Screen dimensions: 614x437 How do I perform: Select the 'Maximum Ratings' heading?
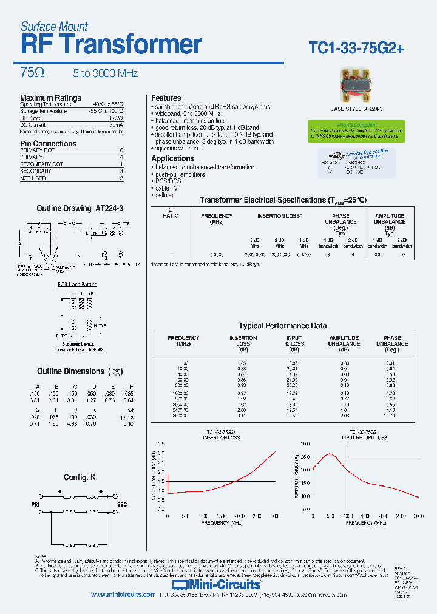pos(50,98)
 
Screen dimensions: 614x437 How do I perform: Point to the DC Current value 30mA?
pos(117,124)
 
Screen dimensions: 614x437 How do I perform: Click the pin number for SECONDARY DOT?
pos(121,164)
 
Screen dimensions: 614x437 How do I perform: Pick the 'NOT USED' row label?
pos(33,178)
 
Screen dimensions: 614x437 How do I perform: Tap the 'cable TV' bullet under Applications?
pos(166,188)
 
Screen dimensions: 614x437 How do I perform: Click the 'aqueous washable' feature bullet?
pos(180,148)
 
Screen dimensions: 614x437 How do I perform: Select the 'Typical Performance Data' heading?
pos(282,326)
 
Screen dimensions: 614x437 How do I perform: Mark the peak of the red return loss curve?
pos(329,454)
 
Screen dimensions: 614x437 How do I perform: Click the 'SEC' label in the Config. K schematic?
pos(122,504)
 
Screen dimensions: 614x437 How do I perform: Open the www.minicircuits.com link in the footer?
pos(123,595)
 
